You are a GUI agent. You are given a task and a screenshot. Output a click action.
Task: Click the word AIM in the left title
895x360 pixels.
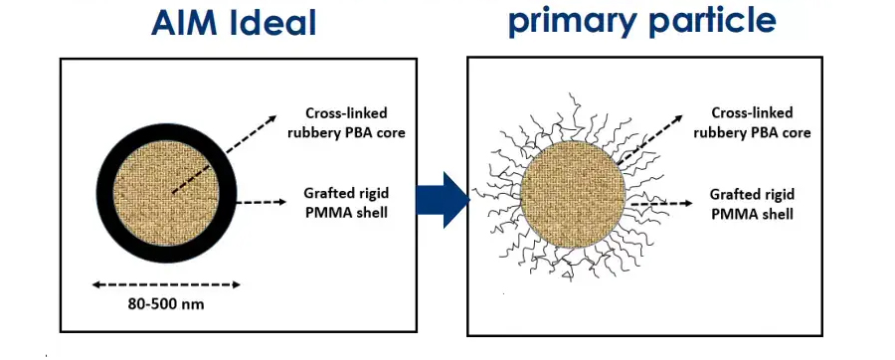(x=184, y=23)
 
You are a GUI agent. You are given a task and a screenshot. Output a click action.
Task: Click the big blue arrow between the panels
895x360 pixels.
(x=443, y=200)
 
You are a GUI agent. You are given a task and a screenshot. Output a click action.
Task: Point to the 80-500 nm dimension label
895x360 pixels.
(x=166, y=304)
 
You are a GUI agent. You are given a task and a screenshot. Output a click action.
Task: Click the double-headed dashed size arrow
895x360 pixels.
(x=166, y=284)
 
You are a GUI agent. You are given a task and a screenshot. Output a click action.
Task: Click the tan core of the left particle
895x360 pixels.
(x=166, y=192)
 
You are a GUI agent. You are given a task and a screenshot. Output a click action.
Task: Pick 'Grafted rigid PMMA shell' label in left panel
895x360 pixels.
(x=346, y=202)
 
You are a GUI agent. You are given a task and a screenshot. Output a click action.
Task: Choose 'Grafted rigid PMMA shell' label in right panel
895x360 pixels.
(x=752, y=204)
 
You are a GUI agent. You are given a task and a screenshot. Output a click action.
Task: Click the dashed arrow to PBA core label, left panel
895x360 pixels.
(x=225, y=154)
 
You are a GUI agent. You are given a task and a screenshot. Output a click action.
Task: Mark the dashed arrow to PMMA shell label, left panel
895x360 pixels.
(x=261, y=202)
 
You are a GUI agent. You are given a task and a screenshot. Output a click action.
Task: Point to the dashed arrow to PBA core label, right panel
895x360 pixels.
(x=649, y=140)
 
